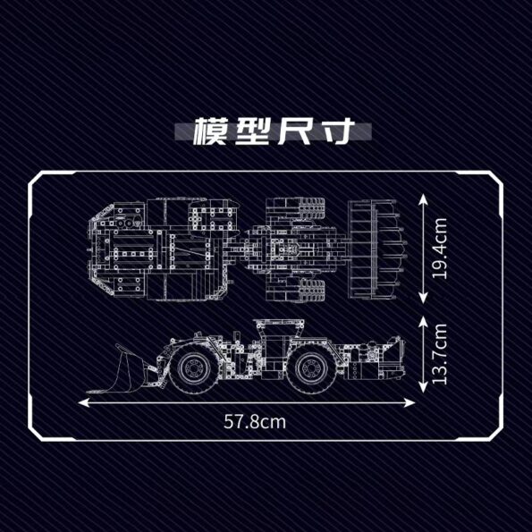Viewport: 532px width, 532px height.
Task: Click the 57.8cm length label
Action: click(x=255, y=422)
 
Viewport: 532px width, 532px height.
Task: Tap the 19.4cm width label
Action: click(x=440, y=249)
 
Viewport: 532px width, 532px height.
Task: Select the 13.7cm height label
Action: click(x=440, y=354)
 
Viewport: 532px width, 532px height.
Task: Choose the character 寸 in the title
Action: click(x=334, y=131)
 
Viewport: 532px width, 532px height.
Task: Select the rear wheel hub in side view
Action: click(x=310, y=368)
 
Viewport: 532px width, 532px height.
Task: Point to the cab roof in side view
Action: click(x=279, y=321)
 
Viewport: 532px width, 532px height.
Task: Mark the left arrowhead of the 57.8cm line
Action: click(x=84, y=402)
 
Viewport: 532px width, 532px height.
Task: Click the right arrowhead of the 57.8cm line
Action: click(x=410, y=402)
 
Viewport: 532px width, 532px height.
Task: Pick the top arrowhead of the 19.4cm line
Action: click(x=423, y=199)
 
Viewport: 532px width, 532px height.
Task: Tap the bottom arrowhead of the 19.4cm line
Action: click(x=423, y=298)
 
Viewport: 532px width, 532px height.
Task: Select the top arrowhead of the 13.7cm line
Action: click(x=423, y=321)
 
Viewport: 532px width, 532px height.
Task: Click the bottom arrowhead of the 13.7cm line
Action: click(x=423, y=387)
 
